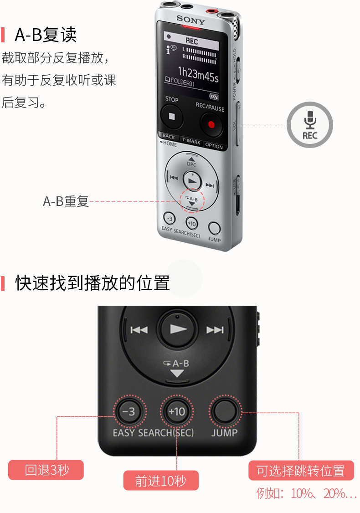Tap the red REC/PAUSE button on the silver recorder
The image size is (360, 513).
(211, 123)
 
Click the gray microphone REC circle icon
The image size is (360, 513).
(310, 124)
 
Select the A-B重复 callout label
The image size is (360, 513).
(66, 201)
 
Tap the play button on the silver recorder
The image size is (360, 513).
(192, 181)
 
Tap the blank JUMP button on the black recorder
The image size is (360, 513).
(225, 412)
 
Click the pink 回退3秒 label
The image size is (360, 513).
(46, 470)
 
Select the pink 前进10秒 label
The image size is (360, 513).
(161, 481)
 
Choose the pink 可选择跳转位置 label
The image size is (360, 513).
(301, 471)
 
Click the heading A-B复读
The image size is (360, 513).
(46, 35)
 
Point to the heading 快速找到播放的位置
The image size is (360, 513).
(93, 283)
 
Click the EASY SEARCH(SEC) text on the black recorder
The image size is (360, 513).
(153, 432)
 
